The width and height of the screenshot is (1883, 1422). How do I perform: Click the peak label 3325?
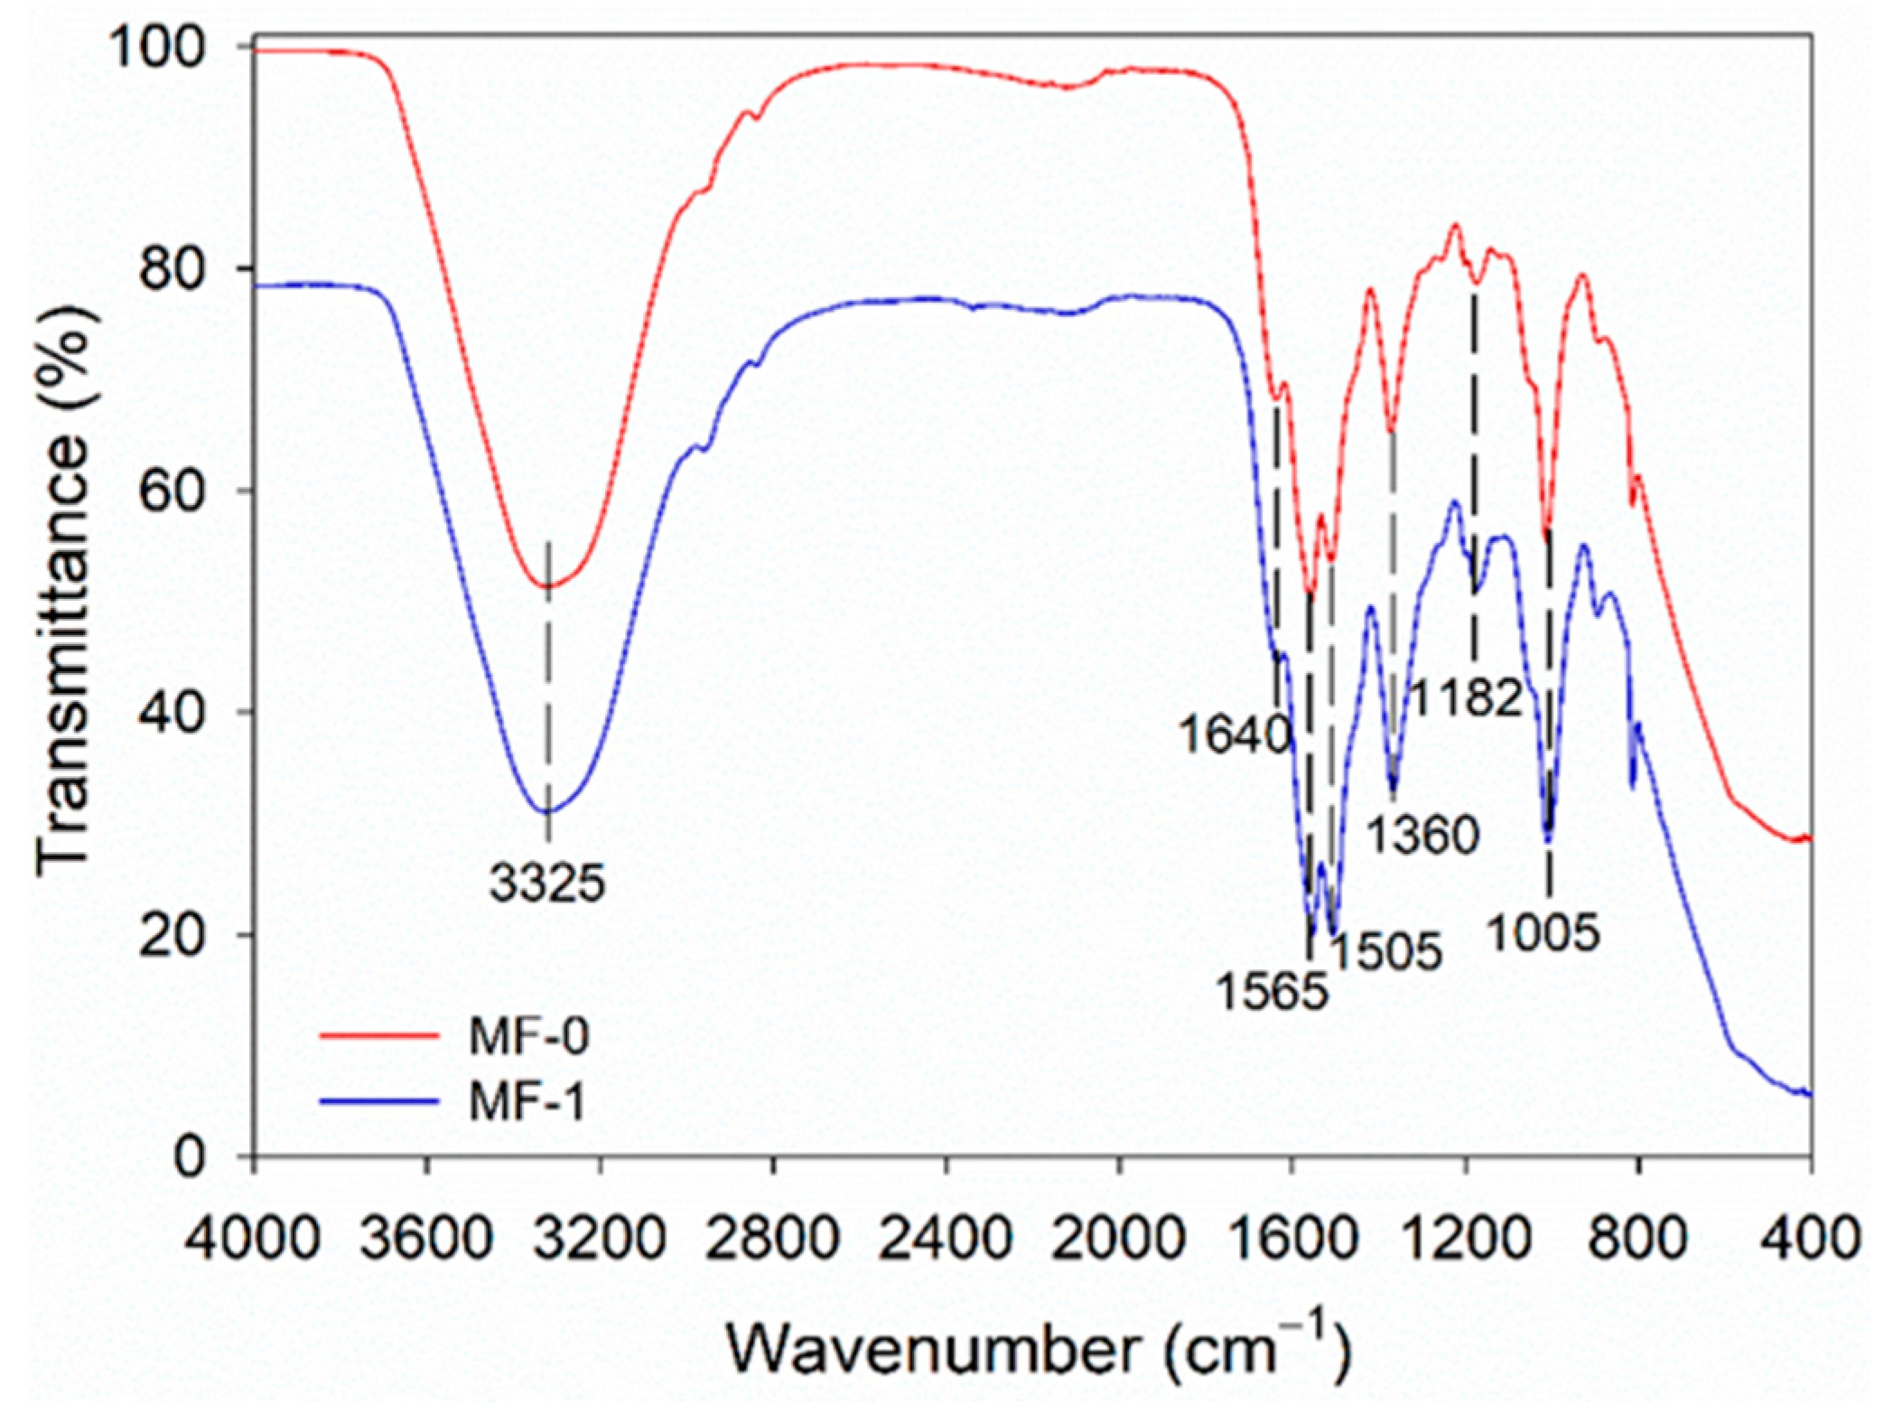click(x=547, y=883)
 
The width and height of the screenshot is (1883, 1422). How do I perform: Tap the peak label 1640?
click(x=1235, y=736)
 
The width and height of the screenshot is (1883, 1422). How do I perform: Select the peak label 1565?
click(x=1272, y=992)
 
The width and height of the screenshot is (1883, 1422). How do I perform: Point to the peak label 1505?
click(x=1385, y=951)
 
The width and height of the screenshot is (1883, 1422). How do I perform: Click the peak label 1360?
click(x=1422, y=835)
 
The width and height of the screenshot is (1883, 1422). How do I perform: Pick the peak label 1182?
click(x=1465, y=698)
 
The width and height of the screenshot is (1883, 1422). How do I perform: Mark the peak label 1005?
click(x=1543, y=931)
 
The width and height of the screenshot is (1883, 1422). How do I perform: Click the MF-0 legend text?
click(x=528, y=1037)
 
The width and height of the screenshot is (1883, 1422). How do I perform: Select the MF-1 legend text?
click(x=528, y=1103)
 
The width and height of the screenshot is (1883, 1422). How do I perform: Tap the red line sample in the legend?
click(x=379, y=1037)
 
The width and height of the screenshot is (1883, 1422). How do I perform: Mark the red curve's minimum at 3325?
click(x=547, y=587)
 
